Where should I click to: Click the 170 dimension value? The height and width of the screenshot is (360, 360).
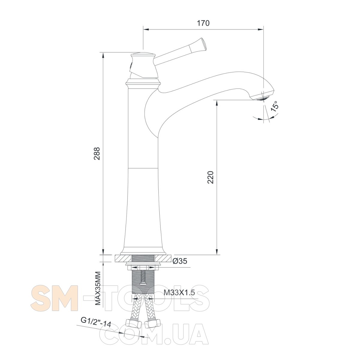pyautogui.click(x=203, y=23)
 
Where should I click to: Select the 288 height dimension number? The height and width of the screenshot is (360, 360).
pyautogui.click(x=97, y=154)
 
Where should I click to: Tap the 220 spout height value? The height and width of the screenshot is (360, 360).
pyautogui.click(x=211, y=177)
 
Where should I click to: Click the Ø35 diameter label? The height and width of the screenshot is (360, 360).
pyautogui.click(x=180, y=261)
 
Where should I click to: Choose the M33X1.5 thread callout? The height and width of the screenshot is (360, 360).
pyautogui.click(x=179, y=292)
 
